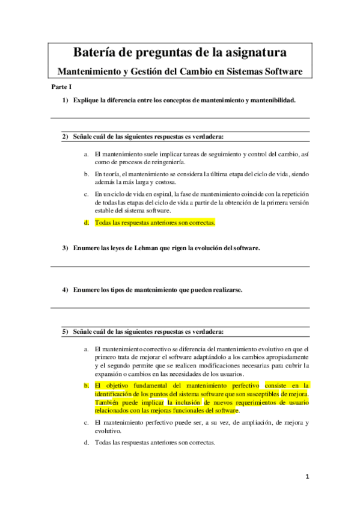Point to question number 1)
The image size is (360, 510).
(x=66, y=100)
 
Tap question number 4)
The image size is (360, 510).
(x=65, y=289)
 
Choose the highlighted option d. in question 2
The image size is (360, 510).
(x=87, y=223)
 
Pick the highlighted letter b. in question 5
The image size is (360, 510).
(x=87, y=385)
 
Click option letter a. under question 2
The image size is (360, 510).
(x=87, y=154)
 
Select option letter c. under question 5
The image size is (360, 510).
(x=87, y=423)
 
